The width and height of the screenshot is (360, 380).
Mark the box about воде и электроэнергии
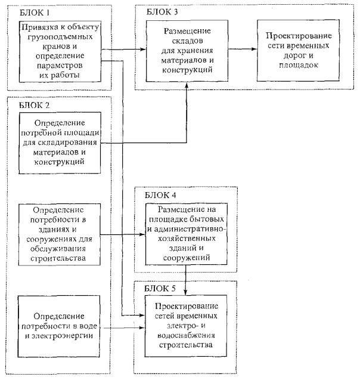coord(59,325)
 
